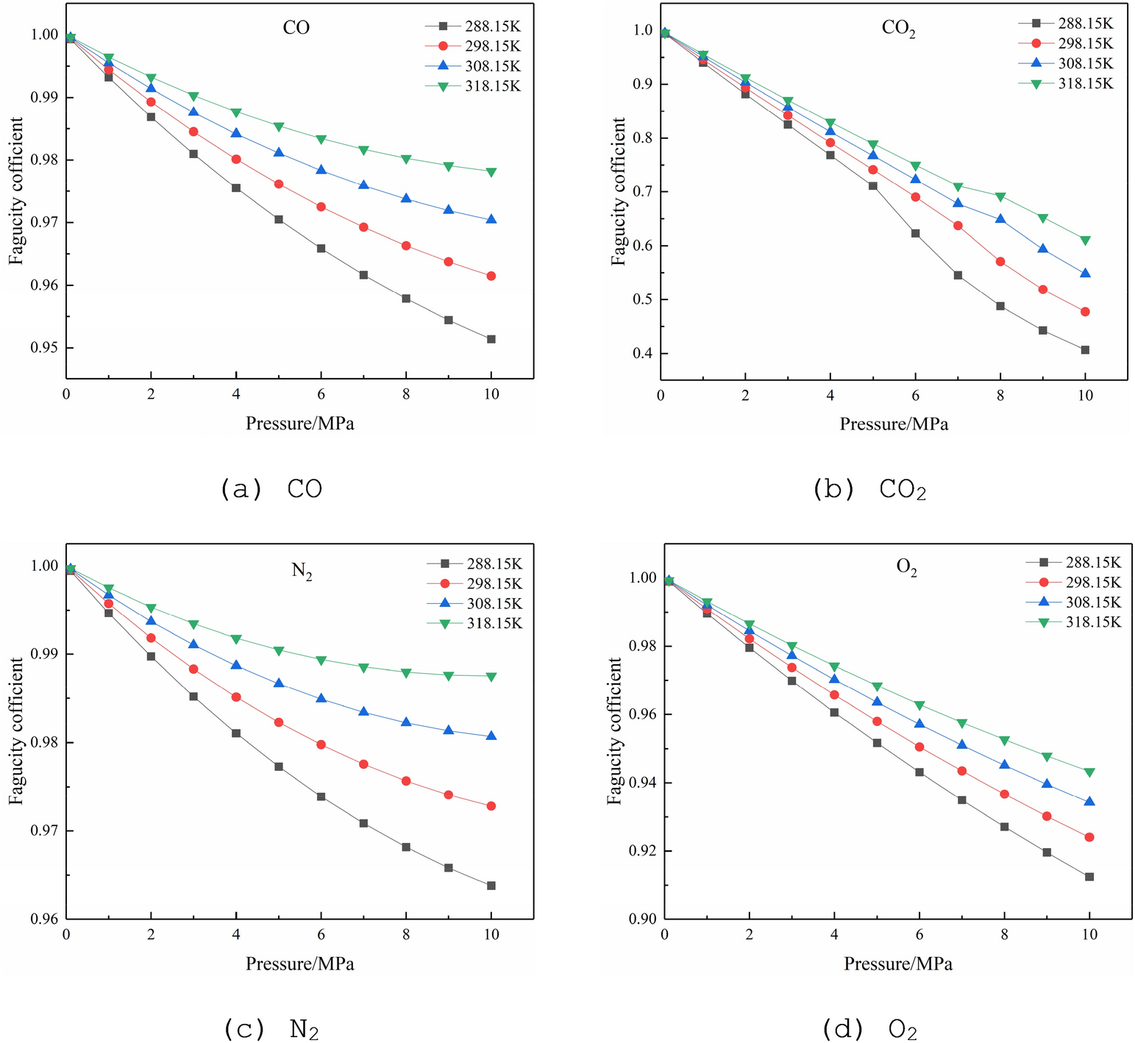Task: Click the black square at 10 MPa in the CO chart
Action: click(x=491, y=339)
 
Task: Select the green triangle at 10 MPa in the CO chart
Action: click(x=491, y=172)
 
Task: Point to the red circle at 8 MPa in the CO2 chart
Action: click(x=1000, y=262)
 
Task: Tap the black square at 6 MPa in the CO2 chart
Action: click(x=915, y=233)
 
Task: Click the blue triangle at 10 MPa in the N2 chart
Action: click(x=491, y=736)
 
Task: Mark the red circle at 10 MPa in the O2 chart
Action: click(x=1089, y=837)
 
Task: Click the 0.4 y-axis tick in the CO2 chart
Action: click(x=641, y=354)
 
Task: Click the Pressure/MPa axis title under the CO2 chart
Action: click(x=894, y=424)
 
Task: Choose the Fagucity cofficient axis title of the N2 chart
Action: click(x=16, y=731)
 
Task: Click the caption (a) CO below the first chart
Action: click(x=271, y=490)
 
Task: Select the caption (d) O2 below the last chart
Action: click(x=866, y=1029)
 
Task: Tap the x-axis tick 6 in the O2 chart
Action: click(x=919, y=934)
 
